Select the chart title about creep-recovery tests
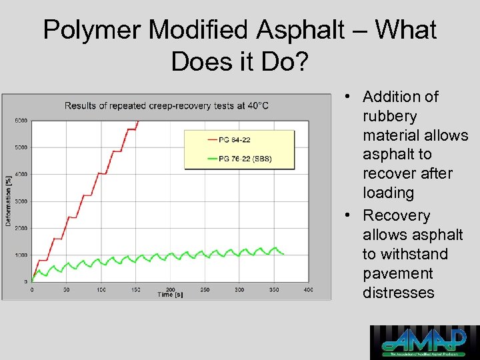click(167, 105)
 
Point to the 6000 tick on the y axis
click(21, 121)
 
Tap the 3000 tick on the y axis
click(21, 201)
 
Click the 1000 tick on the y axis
click(21, 255)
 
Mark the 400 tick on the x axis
click(308, 290)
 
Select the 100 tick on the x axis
click(101, 290)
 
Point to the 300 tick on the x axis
click(239, 290)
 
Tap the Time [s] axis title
click(170, 295)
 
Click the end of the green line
click(284, 254)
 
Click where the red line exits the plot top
click(138, 121)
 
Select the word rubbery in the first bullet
click(389, 116)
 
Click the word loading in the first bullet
click(388, 193)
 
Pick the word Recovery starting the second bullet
click(396, 215)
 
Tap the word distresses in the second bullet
click(398, 293)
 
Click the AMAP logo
click(425, 342)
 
